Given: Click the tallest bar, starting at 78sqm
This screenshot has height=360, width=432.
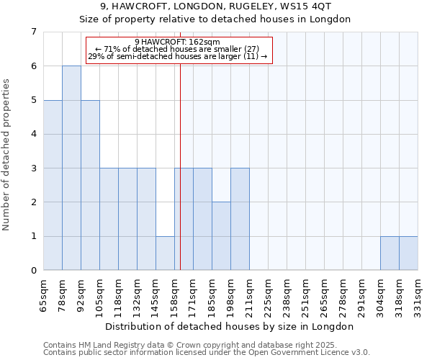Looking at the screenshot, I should pyautogui.click(x=71, y=168).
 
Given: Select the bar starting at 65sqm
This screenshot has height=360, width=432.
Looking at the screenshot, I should pyautogui.click(x=53, y=185).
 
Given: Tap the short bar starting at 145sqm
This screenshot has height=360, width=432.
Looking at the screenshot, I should pyautogui.click(x=165, y=253).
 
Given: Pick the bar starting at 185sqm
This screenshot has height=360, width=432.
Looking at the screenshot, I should pyautogui.click(x=221, y=236).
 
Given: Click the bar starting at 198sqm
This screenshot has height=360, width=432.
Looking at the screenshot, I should pyautogui.click(x=240, y=219).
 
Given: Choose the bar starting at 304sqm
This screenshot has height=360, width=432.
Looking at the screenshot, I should pyautogui.click(x=390, y=253).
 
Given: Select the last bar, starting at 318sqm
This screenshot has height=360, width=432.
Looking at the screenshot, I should pyautogui.click(x=408, y=253).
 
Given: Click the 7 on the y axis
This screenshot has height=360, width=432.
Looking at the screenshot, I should pyautogui.click(x=33, y=32).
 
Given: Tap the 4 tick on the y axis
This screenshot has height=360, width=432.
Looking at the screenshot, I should pyautogui.click(x=33, y=134).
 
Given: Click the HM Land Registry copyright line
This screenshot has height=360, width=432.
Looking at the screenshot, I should pyautogui.click(x=185, y=345).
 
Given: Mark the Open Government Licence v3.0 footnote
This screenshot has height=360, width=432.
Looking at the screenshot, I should pyautogui.click(x=207, y=353).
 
